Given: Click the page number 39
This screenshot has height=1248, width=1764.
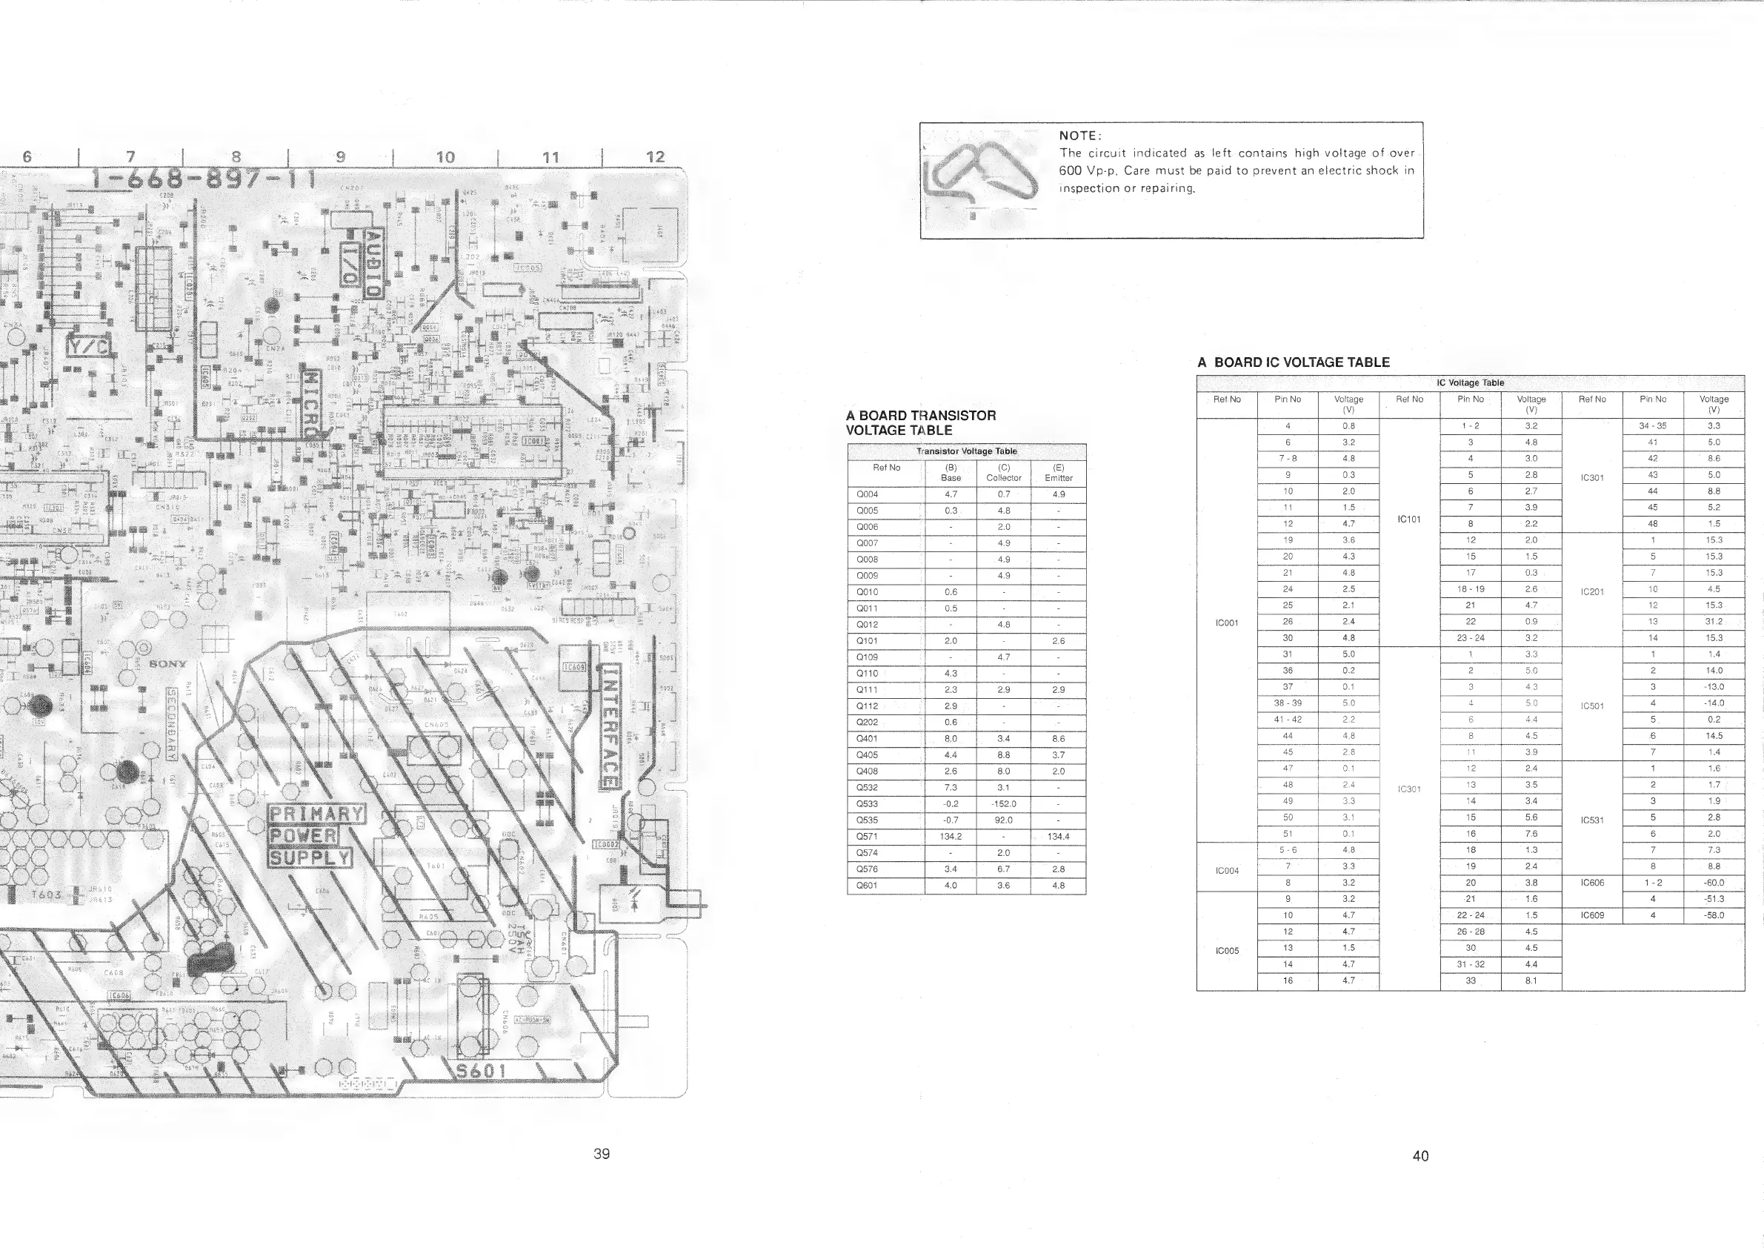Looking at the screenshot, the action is (602, 1153).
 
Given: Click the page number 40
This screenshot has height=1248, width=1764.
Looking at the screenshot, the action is (1420, 1156).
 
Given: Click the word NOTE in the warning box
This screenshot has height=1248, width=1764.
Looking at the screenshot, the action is (1079, 136).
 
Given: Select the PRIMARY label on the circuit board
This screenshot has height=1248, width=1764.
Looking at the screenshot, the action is (316, 814).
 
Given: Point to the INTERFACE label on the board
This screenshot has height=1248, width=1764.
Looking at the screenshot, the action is (608, 726).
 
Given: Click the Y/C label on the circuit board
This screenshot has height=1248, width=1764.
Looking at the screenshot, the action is (89, 348).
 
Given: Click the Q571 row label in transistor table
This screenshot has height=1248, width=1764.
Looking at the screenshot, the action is (867, 836).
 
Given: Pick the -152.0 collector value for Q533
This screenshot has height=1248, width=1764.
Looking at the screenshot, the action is (1003, 804).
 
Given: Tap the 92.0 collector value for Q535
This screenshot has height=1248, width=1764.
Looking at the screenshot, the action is (1003, 820).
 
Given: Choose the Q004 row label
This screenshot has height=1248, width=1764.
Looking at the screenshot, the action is (867, 494).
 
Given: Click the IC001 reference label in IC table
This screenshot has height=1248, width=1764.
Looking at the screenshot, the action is (1226, 623).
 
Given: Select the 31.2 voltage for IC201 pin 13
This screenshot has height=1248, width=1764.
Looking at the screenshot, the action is (1714, 622).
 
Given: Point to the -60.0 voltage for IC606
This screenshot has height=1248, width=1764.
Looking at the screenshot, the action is (1714, 883).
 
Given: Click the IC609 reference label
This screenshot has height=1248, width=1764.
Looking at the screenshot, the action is (1592, 915).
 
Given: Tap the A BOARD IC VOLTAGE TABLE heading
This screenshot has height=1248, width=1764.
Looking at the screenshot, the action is (1293, 362).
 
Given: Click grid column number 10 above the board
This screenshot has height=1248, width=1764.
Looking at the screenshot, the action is (445, 158).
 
